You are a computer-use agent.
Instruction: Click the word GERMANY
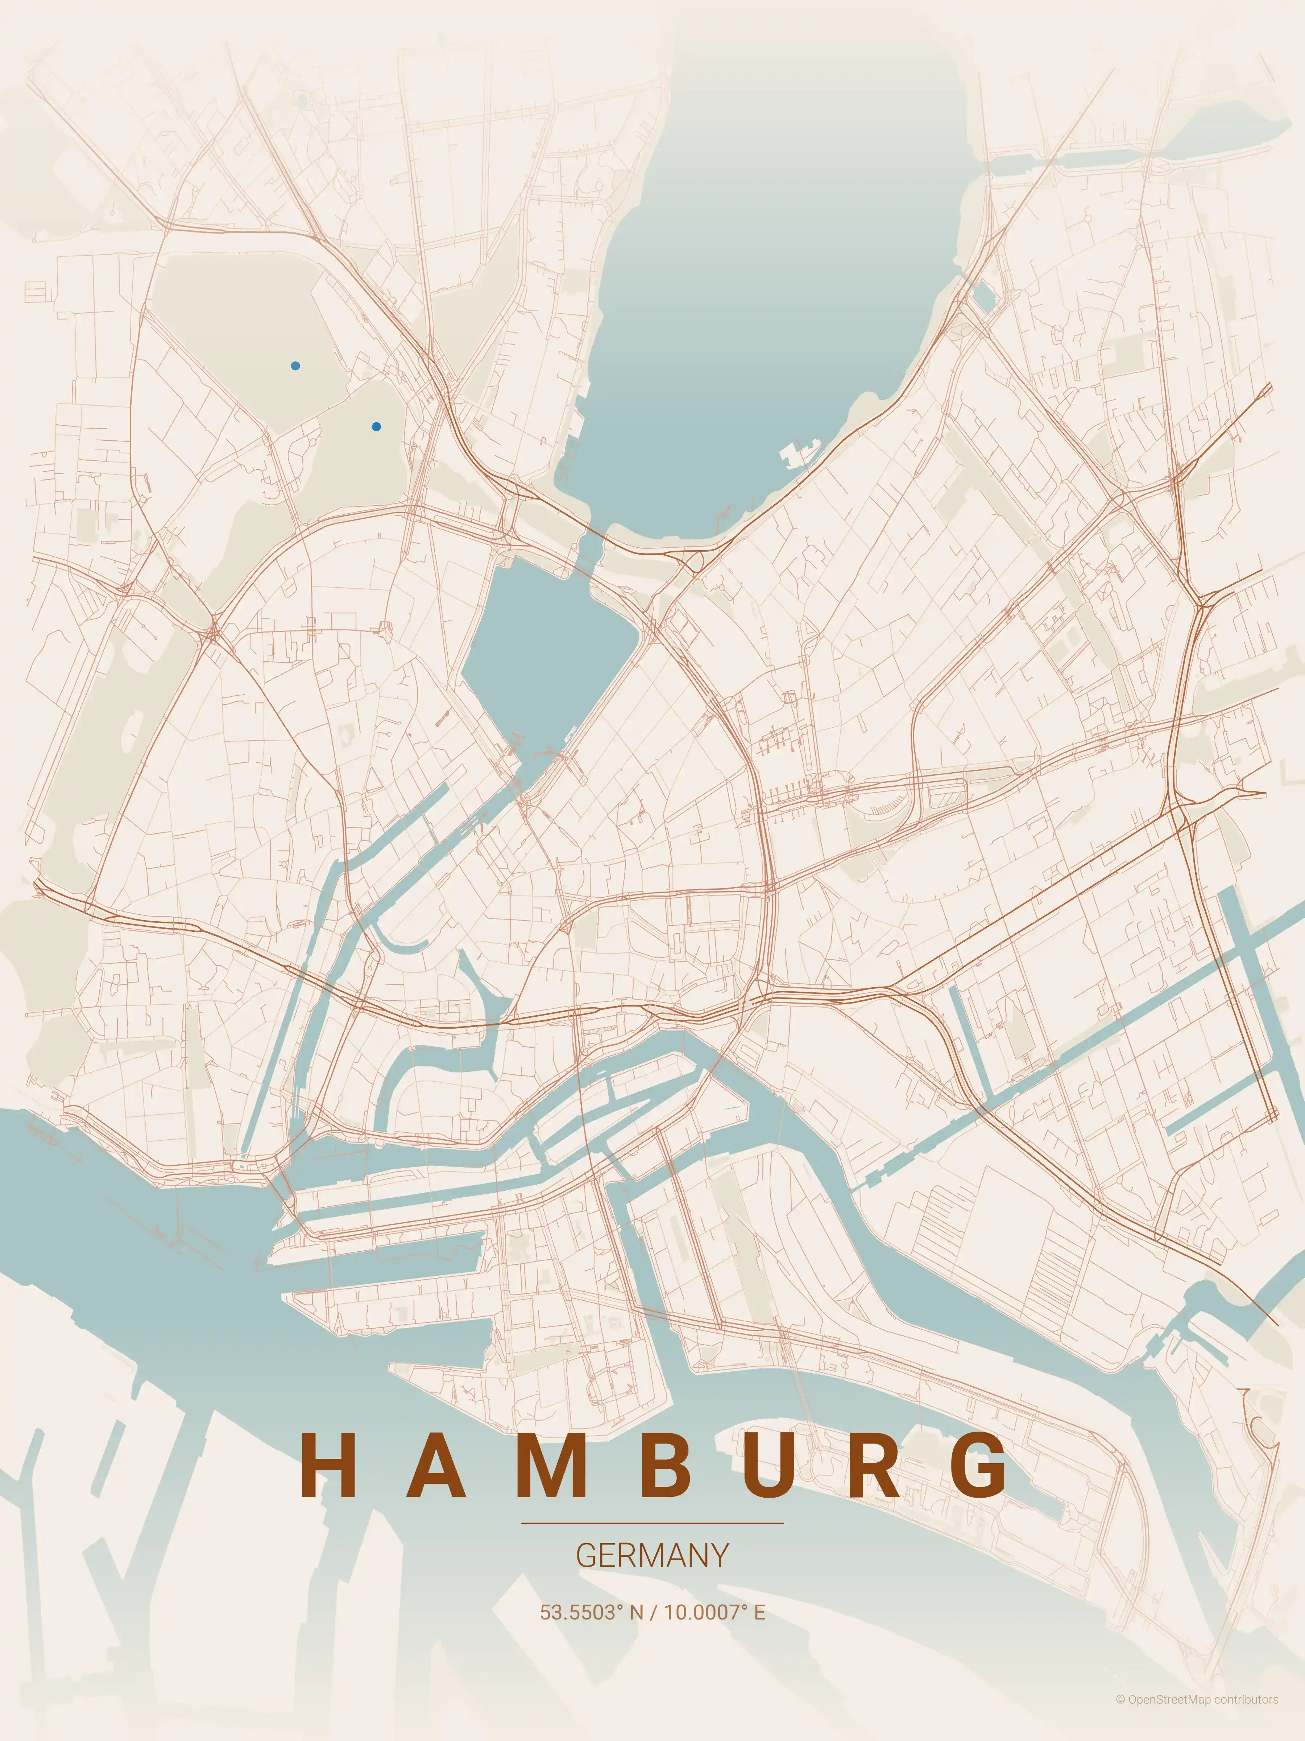tap(652, 1555)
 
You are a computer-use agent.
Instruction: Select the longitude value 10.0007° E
tap(714, 1612)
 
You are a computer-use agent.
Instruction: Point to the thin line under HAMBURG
tap(652, 1523)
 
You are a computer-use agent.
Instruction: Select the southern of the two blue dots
tap(376, 427)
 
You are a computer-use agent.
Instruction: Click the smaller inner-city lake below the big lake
tap(543, 645)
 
